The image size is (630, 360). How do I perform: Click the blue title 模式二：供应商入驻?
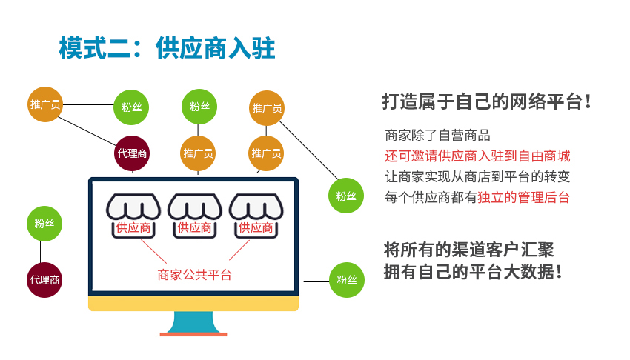click(167, 48)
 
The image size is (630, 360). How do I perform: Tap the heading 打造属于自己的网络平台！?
click(486, 101)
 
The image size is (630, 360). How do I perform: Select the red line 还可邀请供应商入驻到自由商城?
click(477, 156)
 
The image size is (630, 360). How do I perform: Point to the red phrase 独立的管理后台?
click(523, 198)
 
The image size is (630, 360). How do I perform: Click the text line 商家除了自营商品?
click(437, 136)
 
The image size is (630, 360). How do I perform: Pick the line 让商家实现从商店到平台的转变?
click(477, 176)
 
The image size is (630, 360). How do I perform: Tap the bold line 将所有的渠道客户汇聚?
click(469, 250)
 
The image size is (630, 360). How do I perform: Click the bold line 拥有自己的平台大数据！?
click(473, 272)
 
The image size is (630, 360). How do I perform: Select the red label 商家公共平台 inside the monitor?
click(194, 275)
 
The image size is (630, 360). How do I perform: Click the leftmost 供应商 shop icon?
click(133, 216)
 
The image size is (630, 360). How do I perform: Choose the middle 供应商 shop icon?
click(195, 216)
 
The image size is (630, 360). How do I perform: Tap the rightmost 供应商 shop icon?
click(256, 216)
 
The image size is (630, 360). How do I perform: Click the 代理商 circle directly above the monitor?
click(132, 153)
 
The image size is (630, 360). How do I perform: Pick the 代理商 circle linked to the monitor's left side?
click(44, 280)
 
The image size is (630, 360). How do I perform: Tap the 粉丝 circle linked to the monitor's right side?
click(347, 280)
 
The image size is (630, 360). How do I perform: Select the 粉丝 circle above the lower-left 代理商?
click(44, 224)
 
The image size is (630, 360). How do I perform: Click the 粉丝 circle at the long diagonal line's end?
click(346, 196)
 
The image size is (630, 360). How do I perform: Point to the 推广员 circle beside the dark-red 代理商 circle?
click(198, 153)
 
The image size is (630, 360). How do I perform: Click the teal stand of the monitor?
click(193, 322)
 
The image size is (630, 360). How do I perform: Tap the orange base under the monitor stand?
click(193, 334)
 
